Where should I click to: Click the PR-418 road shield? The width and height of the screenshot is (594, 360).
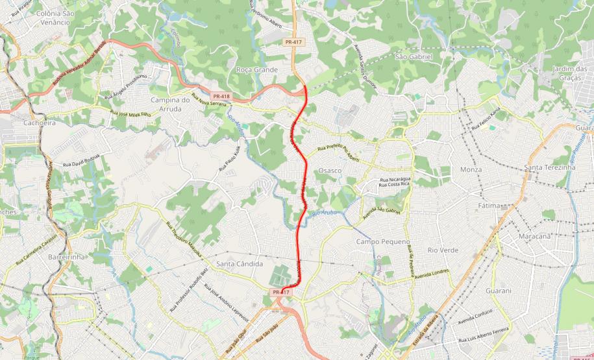(221, 96)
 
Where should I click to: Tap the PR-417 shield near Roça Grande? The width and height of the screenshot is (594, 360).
(293, 42)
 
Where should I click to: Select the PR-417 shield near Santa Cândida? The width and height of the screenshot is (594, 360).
(281, 293)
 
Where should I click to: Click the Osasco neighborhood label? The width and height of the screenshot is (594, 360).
(330, 170)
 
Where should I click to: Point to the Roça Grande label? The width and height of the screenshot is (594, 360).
(257, 69)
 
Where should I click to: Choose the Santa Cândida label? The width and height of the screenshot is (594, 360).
(240, 264)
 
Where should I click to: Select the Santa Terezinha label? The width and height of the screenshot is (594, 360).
(550, 167)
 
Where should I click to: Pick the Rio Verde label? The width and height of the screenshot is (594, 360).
(443, 250)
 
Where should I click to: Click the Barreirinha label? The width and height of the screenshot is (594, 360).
(67, 257)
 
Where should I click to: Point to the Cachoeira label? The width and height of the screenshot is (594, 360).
(40, 122)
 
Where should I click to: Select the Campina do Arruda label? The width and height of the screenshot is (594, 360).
(169, 104)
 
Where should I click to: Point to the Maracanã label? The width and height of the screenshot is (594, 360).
(534, 236)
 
